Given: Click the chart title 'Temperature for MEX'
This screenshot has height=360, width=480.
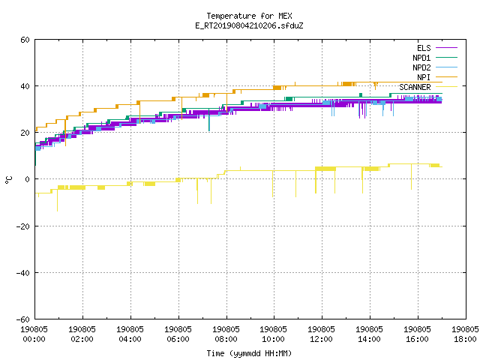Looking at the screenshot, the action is pyautogui.click(x=249, y=16).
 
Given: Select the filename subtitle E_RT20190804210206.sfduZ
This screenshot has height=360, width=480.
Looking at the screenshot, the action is pyautogui.click(x=249, y=25).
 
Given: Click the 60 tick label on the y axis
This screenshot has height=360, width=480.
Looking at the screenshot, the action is pyautogui.click(x=25, y=40).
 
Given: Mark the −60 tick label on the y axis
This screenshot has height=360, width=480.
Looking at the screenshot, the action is pyautogui.click(x=23, y=319).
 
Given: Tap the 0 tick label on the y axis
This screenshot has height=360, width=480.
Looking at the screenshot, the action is pyautogui.click(x=28, y=179).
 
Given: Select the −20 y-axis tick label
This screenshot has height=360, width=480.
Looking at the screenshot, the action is pyautogui.click(x=23, y=226).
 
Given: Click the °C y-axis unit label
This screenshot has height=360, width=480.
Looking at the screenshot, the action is pyautogui.click(x=8, y=180).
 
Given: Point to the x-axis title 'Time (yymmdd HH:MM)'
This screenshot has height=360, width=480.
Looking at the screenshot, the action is pyautogui.click(x=249, y=353).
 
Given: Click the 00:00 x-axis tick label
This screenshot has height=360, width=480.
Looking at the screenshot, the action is pyautogui.click(x=34, y=339).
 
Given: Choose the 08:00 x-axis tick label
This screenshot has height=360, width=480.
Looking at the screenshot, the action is pyautogui.click(x=226, y=339).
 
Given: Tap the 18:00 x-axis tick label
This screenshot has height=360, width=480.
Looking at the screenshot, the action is pyautogui.click(x=465, y=339).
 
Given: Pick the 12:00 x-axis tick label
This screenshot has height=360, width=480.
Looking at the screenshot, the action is pyautogui.click(x=322, y=339).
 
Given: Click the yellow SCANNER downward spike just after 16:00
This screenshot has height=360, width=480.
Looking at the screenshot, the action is pyautogui.click(x=411, y=177).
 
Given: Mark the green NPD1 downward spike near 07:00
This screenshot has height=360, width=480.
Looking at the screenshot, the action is pyautogui.click(x=209, y=120).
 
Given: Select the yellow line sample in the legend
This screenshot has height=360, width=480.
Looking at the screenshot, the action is pyautogui.click(x=446, y=87).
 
